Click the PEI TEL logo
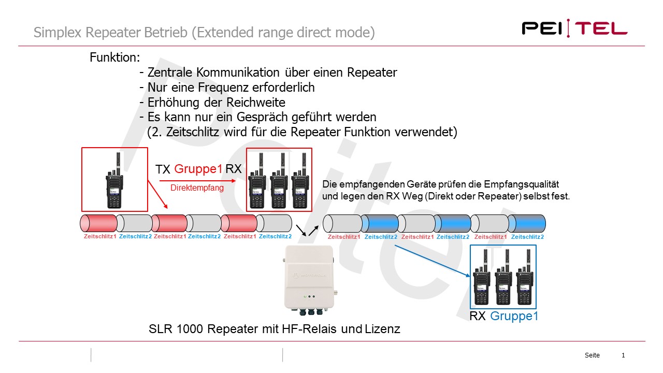(x=574, y=27)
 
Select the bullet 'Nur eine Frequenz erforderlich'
(x=230, y=87)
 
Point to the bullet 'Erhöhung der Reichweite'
(x=216, y=102)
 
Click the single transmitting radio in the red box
(x=114, y=179)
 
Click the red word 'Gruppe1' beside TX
(x=198, y=169)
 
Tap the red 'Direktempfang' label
(x=197, y=188)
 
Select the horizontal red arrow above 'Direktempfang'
(x=197, y=181)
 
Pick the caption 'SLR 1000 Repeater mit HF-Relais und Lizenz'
(x=274, y=328)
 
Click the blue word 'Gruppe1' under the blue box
(x=514, y=315)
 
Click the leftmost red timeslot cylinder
(x=98, y=223)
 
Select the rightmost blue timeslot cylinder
(x=527, y=223)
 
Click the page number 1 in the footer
(x=623, y=355)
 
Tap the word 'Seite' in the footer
(x=592, y=355)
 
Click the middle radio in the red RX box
(x=279, y=182)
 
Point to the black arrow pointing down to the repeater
(x=300, y=229)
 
